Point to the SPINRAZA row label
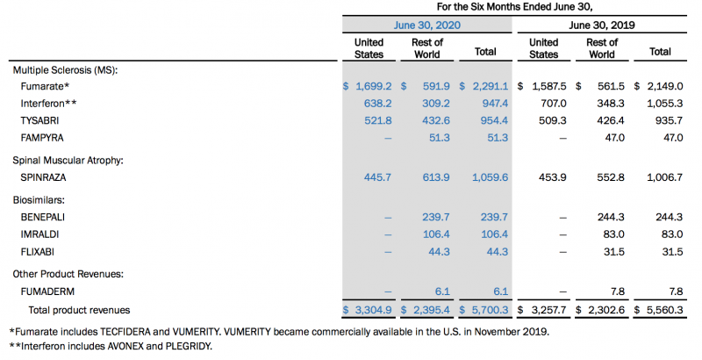pos(45,177)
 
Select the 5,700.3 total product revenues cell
pos(487,309)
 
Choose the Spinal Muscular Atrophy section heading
pos(67,160)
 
